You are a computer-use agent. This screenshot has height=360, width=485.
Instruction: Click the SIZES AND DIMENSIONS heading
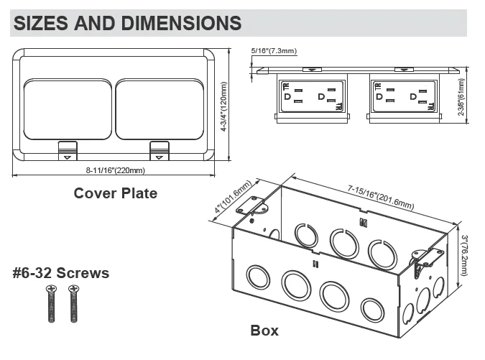point(127,22)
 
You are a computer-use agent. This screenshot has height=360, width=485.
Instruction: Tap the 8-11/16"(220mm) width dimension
point(115,170)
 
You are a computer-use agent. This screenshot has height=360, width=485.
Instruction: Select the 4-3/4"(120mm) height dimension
point(224,106)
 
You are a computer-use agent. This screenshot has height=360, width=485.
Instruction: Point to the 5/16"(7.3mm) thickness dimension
point(274,50)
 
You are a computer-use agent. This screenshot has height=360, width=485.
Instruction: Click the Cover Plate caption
point(115,193)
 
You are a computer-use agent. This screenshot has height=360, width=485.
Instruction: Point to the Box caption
point(264,331)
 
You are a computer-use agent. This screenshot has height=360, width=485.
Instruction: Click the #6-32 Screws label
point(61,273)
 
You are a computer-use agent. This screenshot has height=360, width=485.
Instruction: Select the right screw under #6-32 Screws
point(73,303)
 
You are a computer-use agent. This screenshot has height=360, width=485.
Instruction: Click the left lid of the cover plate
point(68,109)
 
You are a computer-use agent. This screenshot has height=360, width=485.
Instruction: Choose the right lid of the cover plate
point(160,109)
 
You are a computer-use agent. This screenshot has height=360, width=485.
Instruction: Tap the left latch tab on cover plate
point(67,150)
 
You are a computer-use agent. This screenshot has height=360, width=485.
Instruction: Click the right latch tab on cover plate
point(159,150)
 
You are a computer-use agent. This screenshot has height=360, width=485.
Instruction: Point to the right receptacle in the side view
point(405,97)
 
